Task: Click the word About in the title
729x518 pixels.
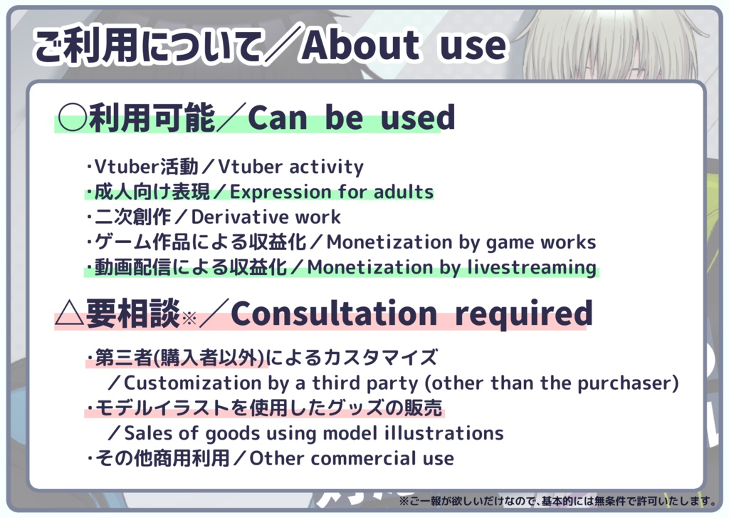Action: click(x=361, y=45)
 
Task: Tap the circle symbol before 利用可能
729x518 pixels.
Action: click(x=72, y=117)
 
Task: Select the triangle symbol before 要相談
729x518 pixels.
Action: click(x=69, y=313)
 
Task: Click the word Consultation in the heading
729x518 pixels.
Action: click(x=334, y=314)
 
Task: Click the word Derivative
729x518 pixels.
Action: click(x=239, y=217)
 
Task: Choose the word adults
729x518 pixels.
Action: click(x=404, y=192)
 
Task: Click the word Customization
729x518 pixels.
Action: click(x=193, y=383)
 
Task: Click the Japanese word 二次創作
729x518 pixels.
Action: click(x=133, y=217)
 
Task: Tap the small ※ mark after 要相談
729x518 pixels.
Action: click(x=189, y=318)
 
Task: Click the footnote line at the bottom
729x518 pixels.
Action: click(x=557, y=501)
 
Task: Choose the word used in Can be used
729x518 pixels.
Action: click(x=417, y=118)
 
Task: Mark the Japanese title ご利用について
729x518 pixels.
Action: click(x=147, y=45)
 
